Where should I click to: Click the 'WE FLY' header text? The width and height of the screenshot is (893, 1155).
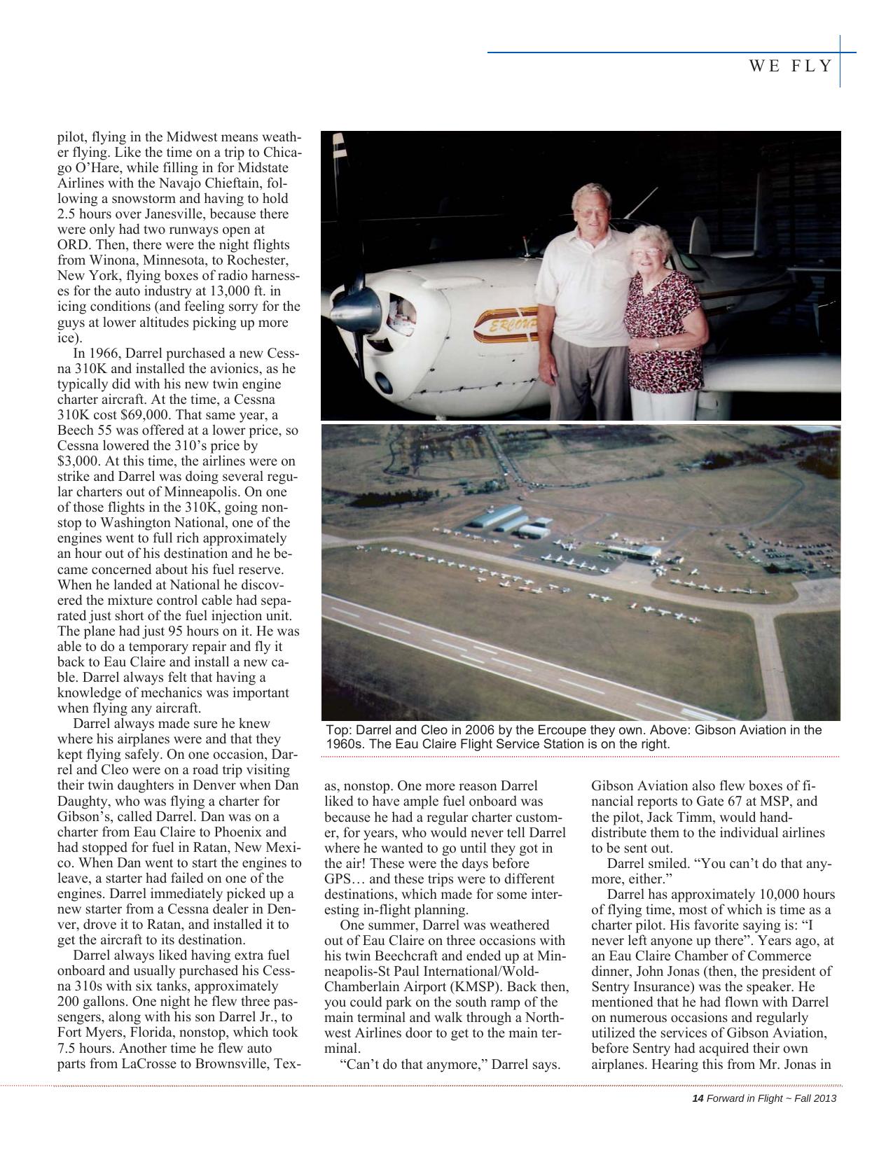coord(791,66)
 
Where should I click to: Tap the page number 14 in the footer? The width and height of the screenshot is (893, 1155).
coord(697,1098)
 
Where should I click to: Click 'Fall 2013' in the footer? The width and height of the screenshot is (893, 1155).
coord(815,1098)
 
